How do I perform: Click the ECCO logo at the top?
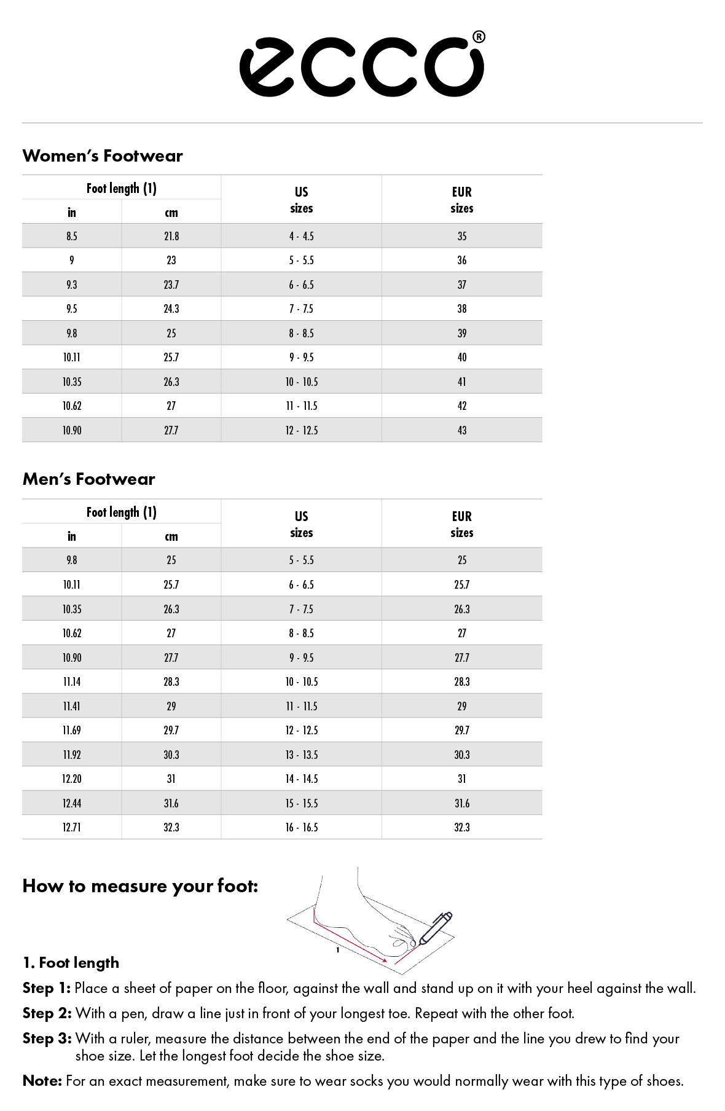[361, 66]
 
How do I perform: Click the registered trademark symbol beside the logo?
[479, 37]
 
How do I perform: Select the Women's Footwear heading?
[103, 156]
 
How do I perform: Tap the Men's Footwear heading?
[89, 479]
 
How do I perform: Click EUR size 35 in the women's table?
[462, 236]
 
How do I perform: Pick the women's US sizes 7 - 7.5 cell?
[301, 308]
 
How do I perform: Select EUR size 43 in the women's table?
[462, 430]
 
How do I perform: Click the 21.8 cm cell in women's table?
[171, 236]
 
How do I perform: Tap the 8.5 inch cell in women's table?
[72, 236]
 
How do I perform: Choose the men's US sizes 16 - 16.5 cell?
[301, 827]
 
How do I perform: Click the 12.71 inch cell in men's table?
[72, 827]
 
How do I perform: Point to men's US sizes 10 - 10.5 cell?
[301, 681]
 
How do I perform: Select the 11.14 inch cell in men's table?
[72, 681]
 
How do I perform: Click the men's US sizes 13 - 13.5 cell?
[301, 755]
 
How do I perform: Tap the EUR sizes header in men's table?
[462, 524]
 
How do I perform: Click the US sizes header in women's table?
[301, 200]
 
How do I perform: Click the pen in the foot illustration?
[435, 928]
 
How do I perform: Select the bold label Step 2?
[47, 1013]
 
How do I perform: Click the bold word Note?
[42, 1081]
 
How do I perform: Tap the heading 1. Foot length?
[71, 963]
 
